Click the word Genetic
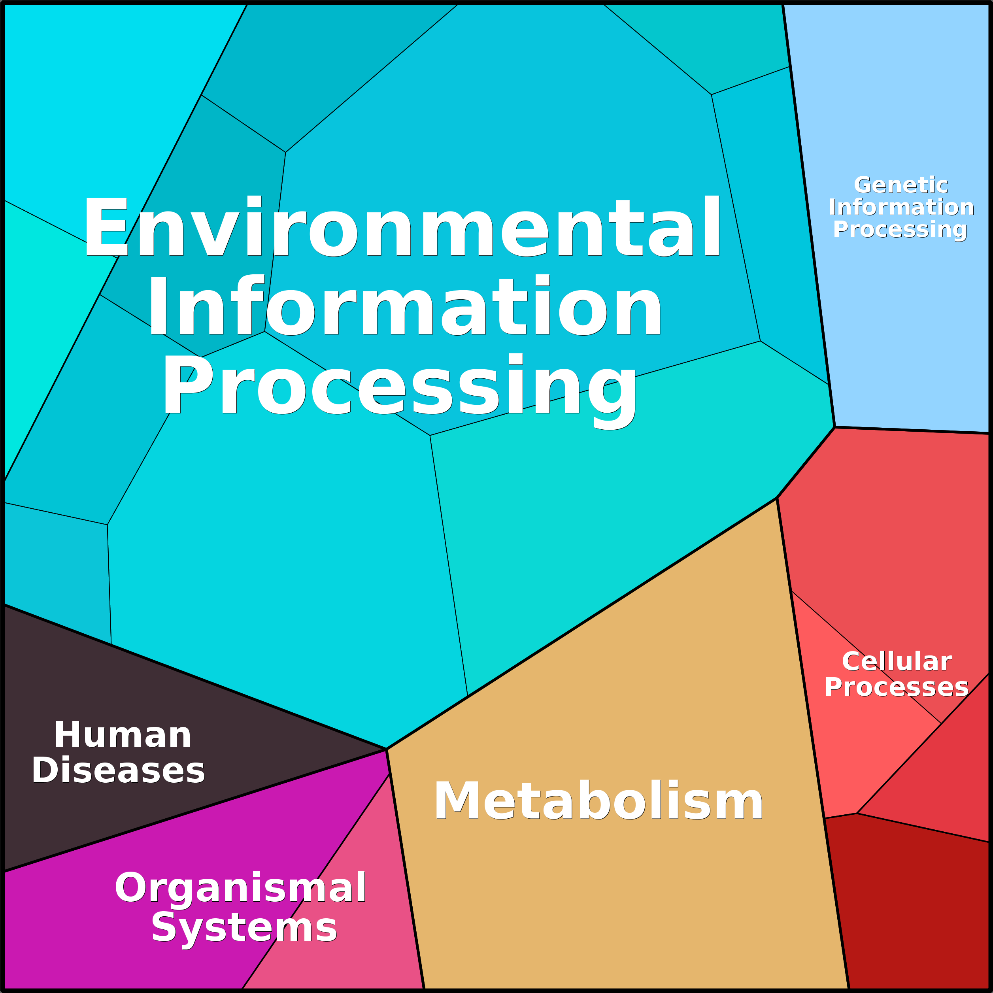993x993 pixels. [901, 185]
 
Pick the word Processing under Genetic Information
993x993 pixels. [900, 230]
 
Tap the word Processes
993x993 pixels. [897, 687]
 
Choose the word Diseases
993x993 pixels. [118, 770]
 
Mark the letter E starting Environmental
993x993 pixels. [106, 226]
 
